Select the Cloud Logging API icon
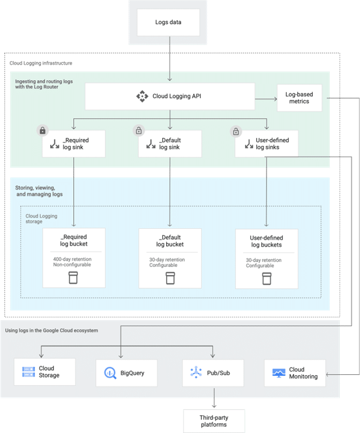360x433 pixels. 142,96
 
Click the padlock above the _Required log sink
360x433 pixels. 42,131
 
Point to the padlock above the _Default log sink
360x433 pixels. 138,131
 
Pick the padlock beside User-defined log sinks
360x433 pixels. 235,131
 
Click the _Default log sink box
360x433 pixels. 170,144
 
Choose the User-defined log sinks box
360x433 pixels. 266,144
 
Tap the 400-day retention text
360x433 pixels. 72,259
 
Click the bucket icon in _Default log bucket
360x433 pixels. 170,278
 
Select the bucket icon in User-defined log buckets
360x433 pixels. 266,278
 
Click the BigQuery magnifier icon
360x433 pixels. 110,372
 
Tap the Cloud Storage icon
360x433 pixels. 28,372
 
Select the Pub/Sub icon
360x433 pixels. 196,372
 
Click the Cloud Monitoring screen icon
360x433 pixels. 279,372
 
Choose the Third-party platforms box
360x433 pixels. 214,421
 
